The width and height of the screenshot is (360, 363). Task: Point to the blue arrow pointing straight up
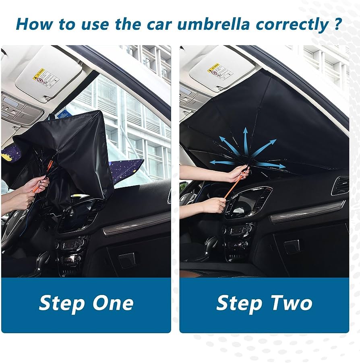click(245, 137)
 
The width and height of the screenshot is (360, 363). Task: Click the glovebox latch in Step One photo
click(127, 260)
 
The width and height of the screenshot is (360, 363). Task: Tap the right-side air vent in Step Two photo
click(340, 186)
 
